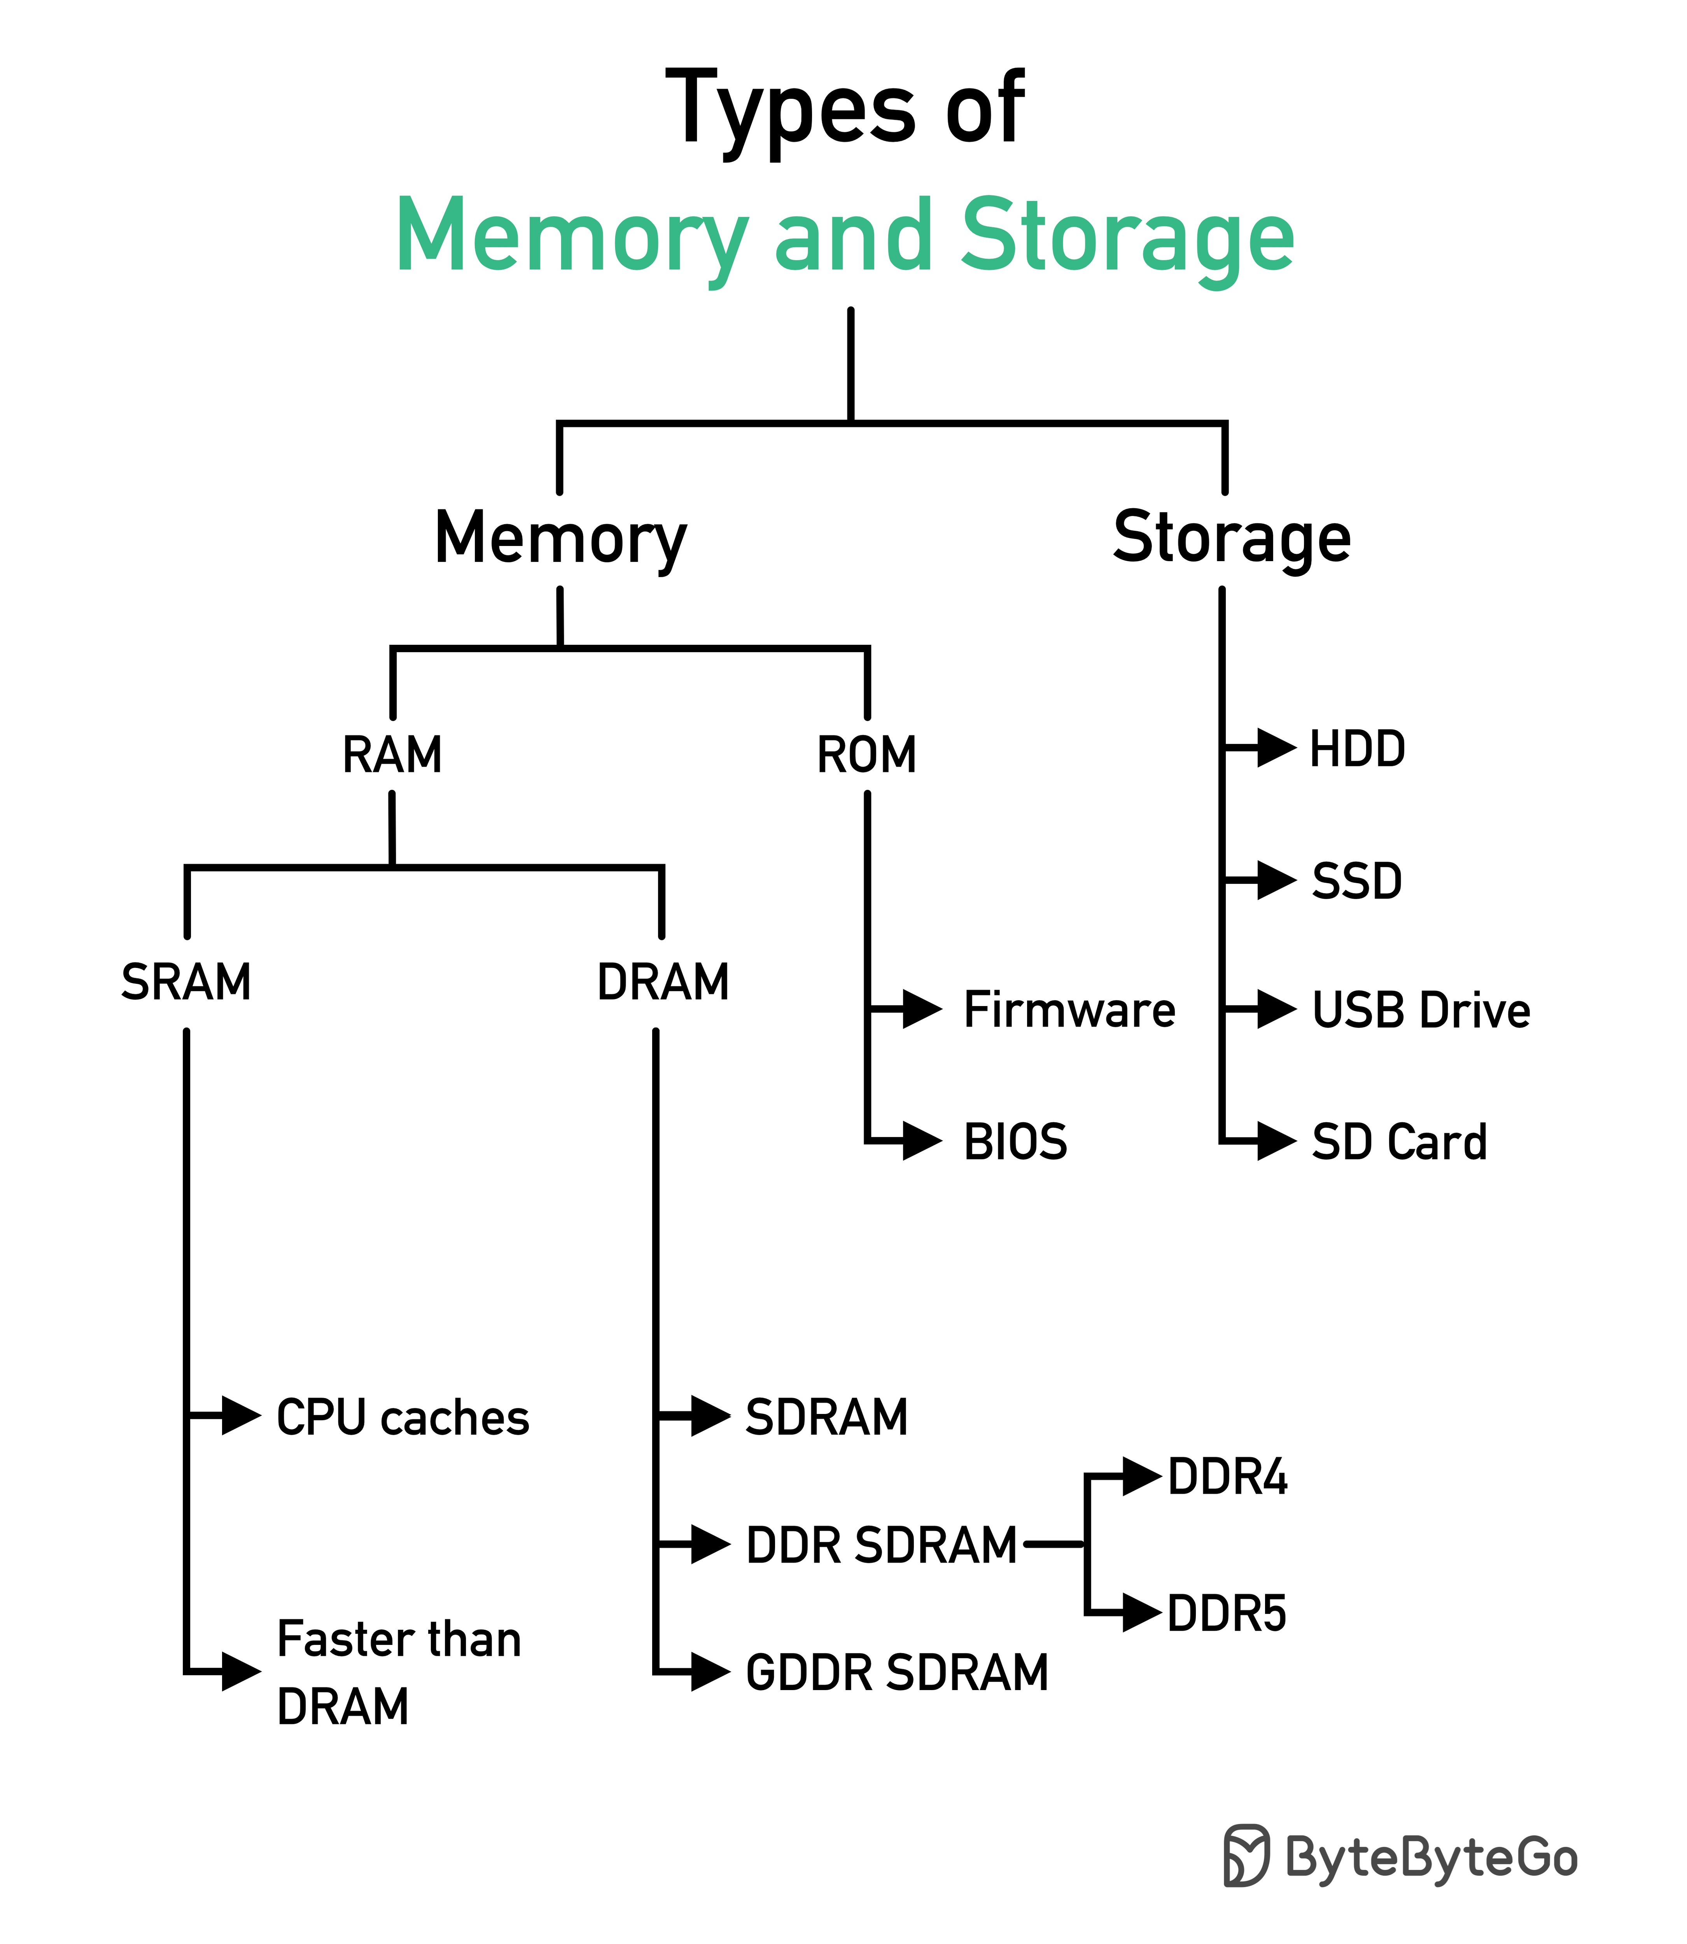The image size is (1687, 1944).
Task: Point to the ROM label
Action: coord(866,755)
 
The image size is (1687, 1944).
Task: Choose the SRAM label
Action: coord(186,982)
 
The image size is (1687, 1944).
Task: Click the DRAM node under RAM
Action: coord(663,982)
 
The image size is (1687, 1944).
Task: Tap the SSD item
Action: coord(1356,881)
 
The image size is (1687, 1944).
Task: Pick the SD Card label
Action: coord(1399,1142)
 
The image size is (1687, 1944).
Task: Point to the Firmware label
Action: coord(1069,1010)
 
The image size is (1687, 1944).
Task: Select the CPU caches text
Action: coord(403,1418)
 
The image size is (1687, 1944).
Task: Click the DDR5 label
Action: coord(1227,1613)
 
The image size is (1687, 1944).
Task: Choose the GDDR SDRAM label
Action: coord(896,1673)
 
